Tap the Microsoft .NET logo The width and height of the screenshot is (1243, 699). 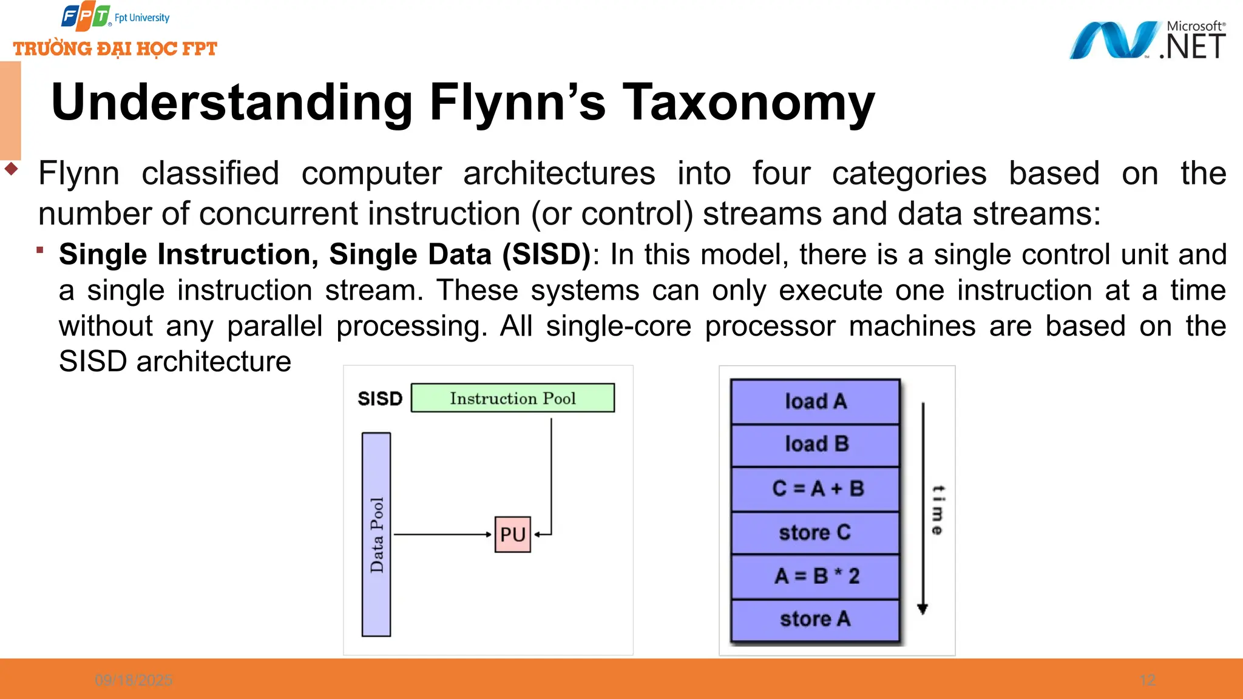click(x=1147, y=40)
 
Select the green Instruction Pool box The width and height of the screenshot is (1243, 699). click(x=512, y=398)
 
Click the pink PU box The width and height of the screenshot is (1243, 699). click(x=512, y=535)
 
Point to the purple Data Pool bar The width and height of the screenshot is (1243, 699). click(x=376, y=534)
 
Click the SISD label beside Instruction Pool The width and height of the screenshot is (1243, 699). click(x=380, y=399)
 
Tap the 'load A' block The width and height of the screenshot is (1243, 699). click(x=815, y=401)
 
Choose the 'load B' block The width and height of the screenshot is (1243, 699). click(x=815, y=444)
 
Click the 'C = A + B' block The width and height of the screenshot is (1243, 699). click(x=815, y=488)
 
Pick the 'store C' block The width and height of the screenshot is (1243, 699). click(x=815, y=533)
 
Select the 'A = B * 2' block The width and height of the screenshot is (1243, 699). click(x=815, y=576)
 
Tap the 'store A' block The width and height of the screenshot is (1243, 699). click(x=815, y=620)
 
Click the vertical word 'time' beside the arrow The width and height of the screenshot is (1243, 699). click(x=938, y=510)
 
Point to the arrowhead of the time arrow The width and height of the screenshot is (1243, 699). click(x=923, y=609)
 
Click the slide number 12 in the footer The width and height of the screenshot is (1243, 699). click(x=1147, y=680)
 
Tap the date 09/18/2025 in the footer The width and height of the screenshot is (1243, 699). click(x=134, y=680)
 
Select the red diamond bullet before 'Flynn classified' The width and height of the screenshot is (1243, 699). click(x=11, y=168)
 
